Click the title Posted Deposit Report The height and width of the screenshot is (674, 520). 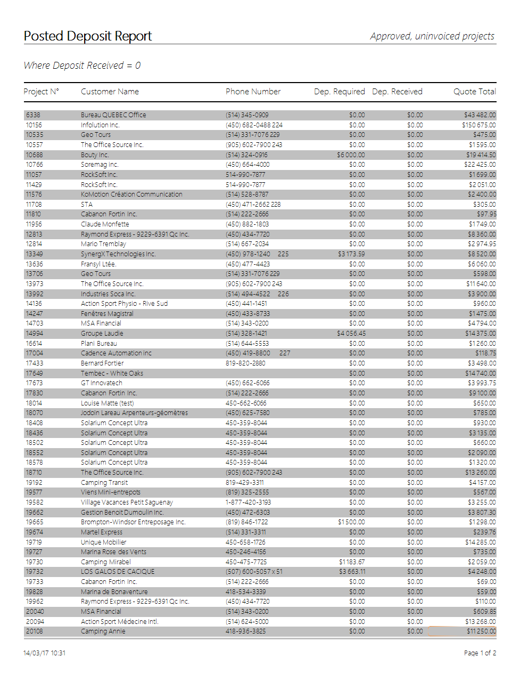click(88, 36)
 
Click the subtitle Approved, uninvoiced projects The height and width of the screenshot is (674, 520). click(432, 36)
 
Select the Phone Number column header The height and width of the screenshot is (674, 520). click(253, 92)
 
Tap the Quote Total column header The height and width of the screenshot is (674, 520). click(474, 92)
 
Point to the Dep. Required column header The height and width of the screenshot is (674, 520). click(339, 92)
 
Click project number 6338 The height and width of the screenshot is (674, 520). click(33, 115)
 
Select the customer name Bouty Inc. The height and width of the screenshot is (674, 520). click(95, 155)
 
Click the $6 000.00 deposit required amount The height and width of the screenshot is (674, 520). click(351, 155)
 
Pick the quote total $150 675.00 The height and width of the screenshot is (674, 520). click(478, 125)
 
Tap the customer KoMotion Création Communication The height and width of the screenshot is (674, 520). click(131, 194)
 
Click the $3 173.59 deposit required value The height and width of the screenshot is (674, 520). click(351, 254)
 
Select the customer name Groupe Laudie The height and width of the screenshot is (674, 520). click(102, 334)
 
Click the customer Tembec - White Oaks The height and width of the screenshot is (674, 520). click(112, 373)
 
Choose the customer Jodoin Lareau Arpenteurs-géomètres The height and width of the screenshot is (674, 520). click(134, 413)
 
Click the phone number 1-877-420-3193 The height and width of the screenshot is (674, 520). click(248, 502)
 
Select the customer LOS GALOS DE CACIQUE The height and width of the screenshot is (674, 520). click(118, 572)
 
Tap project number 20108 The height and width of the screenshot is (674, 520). click(35, 631)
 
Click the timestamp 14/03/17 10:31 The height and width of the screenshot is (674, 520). click(45, 653)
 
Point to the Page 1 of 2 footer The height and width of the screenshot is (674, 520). click(480, 653)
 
